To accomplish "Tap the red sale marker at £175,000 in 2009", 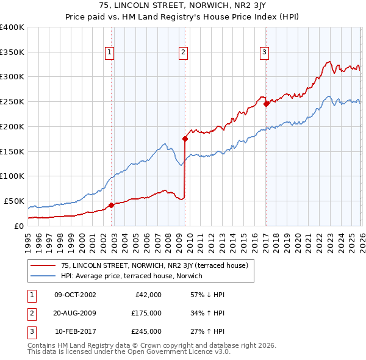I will pyautogui.click(x=185, y=139).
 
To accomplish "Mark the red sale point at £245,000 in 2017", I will pyautogui.click(x=266, y=104).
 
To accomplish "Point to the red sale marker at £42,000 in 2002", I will pyautogui.click(x=111, y=205).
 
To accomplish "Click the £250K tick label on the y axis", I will pyautogui.click(x=12, y=102).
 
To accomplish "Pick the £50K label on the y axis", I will pyautogui.click(x=13, y=201).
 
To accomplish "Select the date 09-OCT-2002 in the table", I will pyautogui.click(x=75, y=295).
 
